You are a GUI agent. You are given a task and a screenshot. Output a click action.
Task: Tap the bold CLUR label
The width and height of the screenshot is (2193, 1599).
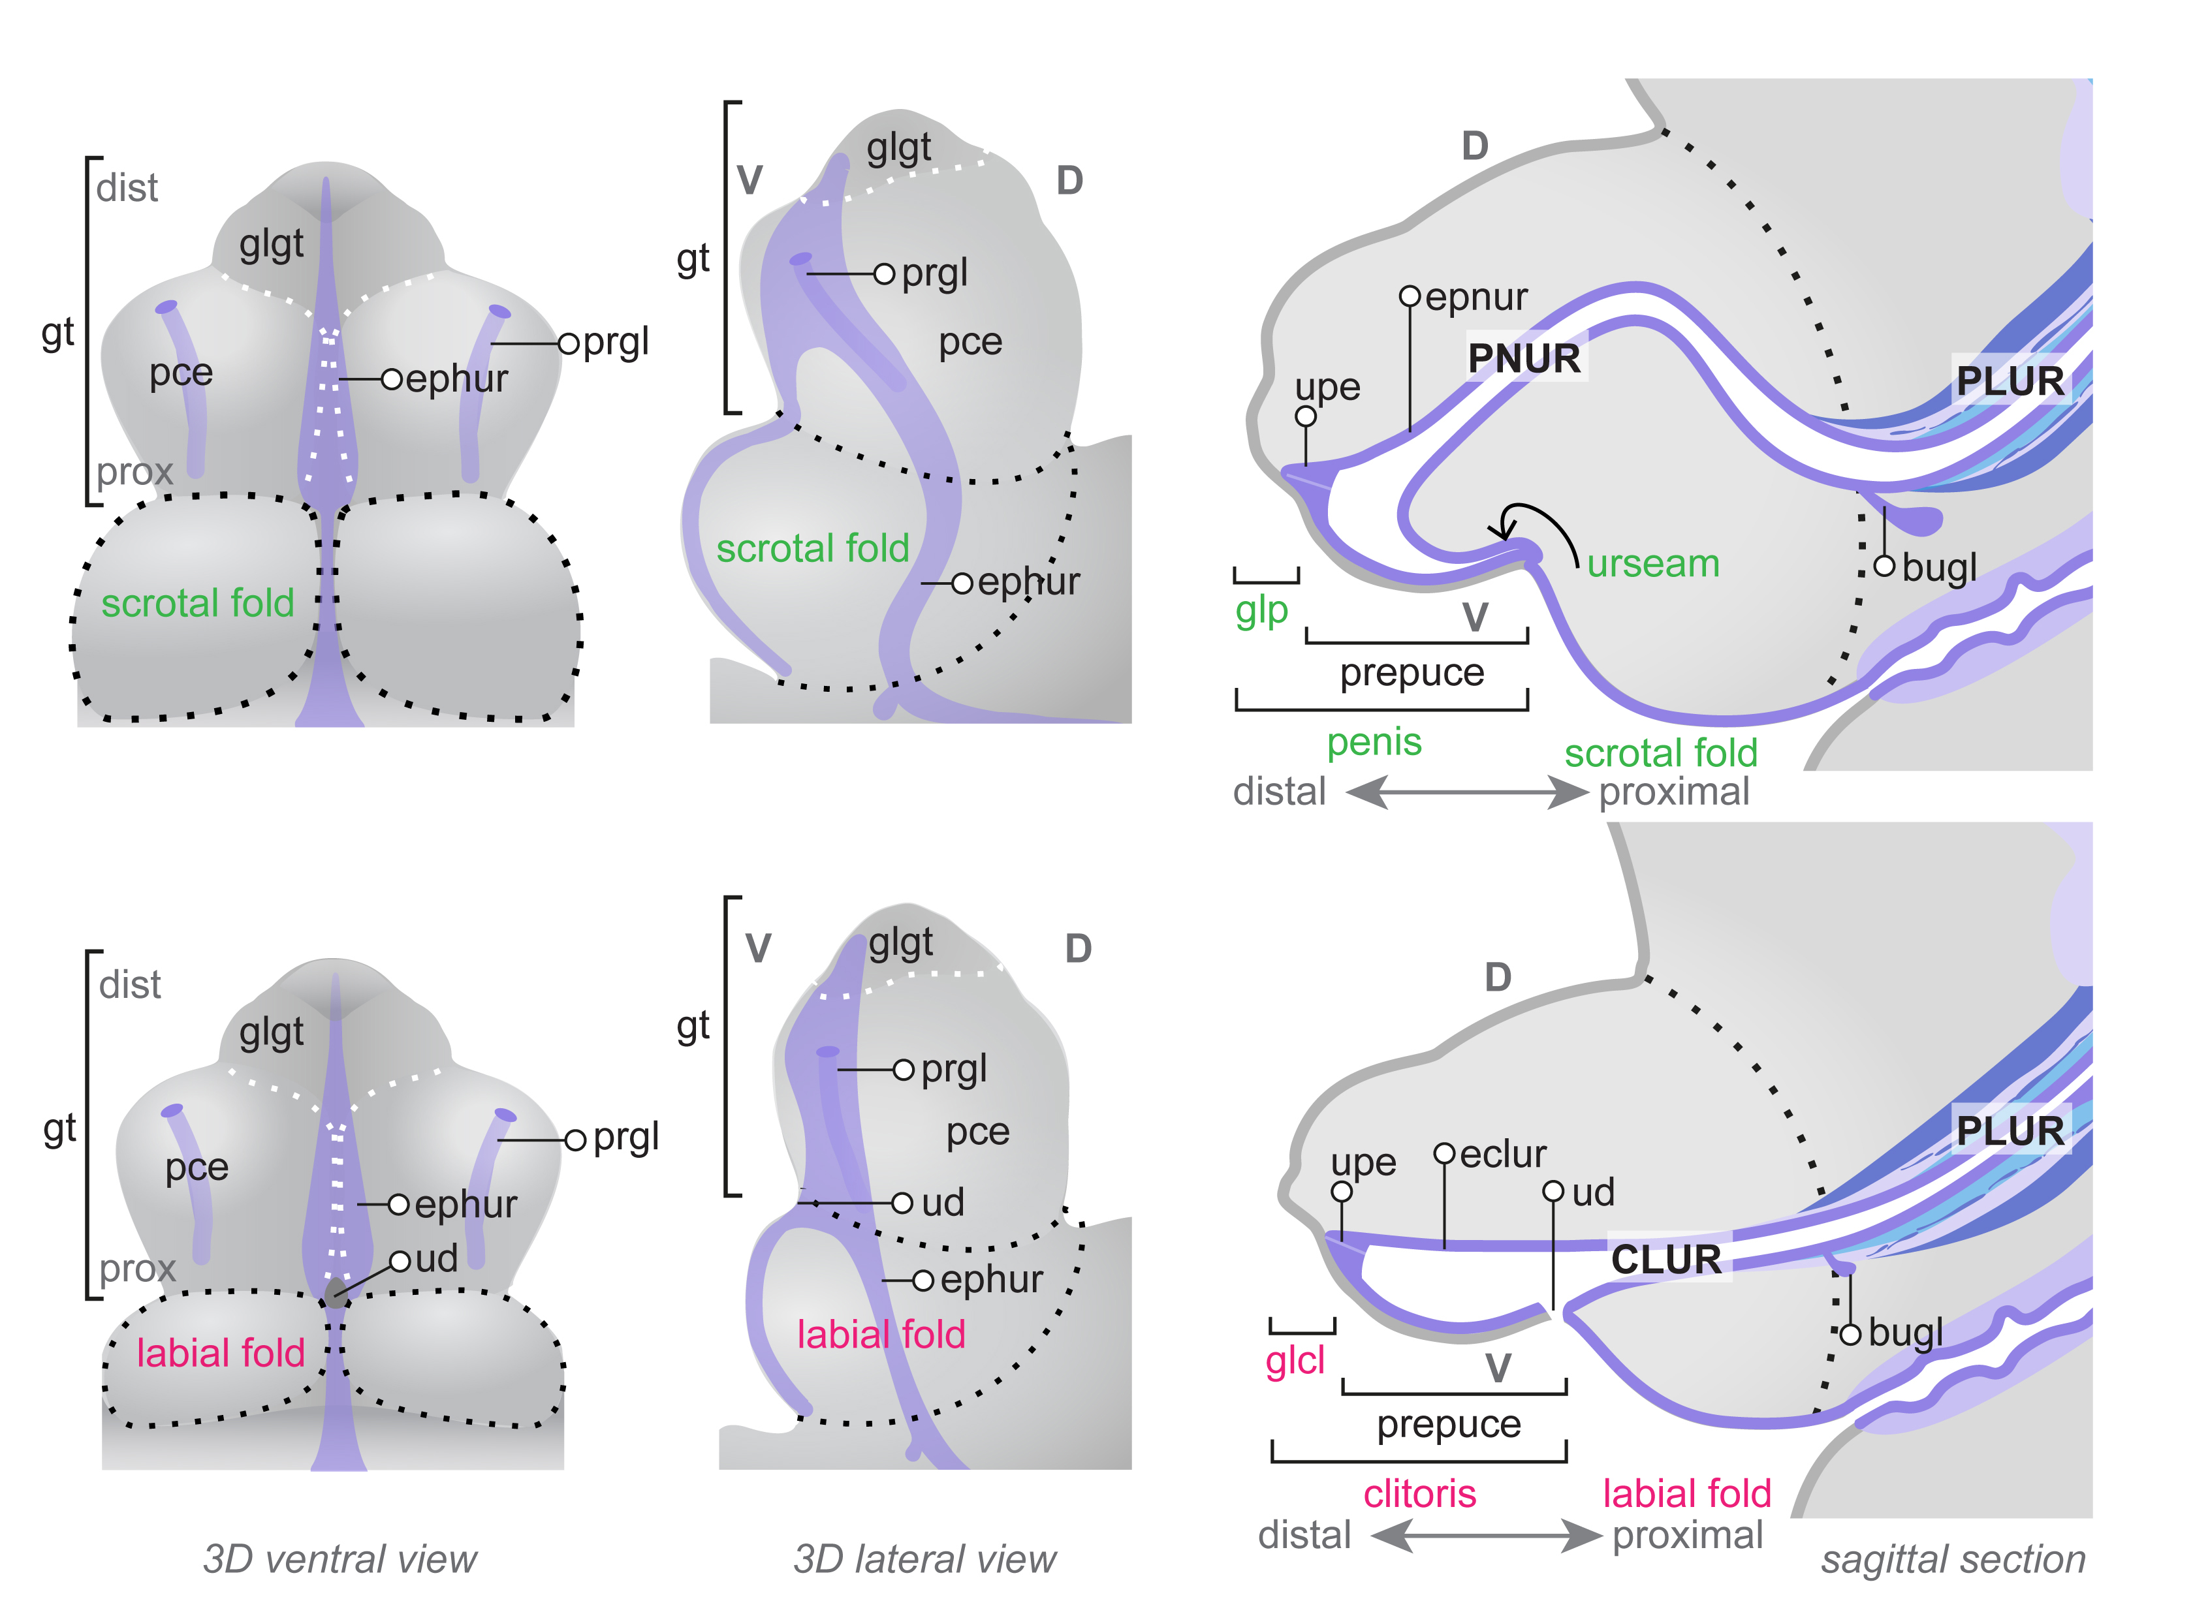click(x=1666, y=1259)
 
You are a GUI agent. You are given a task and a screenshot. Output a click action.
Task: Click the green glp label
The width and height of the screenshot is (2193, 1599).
click(x=1261, y=611)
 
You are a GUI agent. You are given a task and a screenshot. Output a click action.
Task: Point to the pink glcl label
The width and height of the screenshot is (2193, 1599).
click(x=1295, y=1361)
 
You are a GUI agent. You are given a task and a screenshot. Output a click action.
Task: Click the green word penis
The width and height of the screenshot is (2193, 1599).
click(x=1374, y=743)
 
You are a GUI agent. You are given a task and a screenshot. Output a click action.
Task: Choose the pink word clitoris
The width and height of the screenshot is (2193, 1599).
click(x=1419, y=1493)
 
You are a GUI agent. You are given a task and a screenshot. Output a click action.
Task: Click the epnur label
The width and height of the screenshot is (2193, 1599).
click(x=1477, y=297)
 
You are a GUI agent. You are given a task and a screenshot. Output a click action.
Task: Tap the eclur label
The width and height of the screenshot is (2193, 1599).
click(x=1503, y=1154)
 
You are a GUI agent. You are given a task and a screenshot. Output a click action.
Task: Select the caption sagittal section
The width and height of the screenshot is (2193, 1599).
click(x=1953, y=1559)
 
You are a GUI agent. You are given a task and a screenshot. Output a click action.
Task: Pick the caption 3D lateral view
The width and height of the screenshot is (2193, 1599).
click(x=924, y=1559)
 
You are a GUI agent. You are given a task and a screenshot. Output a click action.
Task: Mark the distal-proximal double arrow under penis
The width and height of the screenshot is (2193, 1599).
click(x=1467, y=793)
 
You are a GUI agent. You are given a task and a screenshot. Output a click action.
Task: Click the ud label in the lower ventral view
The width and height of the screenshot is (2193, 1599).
click(x=437, y=1259)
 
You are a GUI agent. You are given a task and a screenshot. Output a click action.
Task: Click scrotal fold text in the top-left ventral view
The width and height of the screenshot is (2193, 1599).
click(x=198, y=603)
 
